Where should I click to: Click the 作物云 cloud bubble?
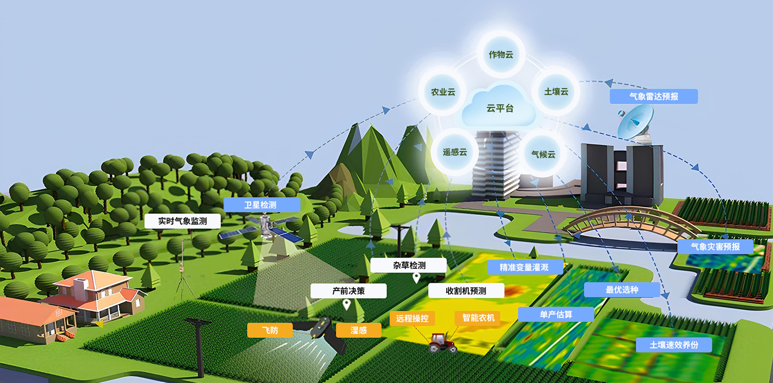pyautogui.click(x=501, y=54)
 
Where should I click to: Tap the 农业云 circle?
pyautogui.click(x=443, y=92)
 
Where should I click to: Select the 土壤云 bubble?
pyautogui.click(x=556, y=92)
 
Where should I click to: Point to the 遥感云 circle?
pyautogui.click(x=455, y=152)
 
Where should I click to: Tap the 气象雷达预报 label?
pyautogui.click(x=654, y=96)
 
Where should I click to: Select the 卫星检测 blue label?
pyautogui.click(x=261, y=205)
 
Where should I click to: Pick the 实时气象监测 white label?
pyautogui.click(x=182, y=221)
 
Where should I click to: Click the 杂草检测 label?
pyautogui.click(x=408, y=265)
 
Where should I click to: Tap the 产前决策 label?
pyautogui.click(x=348, y=291)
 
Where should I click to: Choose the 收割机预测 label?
pyautogui.click(x=466, y=291)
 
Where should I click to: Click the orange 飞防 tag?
pyautogui.click(x=270, y=330)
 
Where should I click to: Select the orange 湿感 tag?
pyautogui.click(x=359, y=330)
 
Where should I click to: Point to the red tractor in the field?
pyautogui.click(x=441, y=342)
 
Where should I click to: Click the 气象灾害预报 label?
pyautogui.click(x=715, y=247)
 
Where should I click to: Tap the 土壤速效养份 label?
pyautogui.click(x=674, y=345)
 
